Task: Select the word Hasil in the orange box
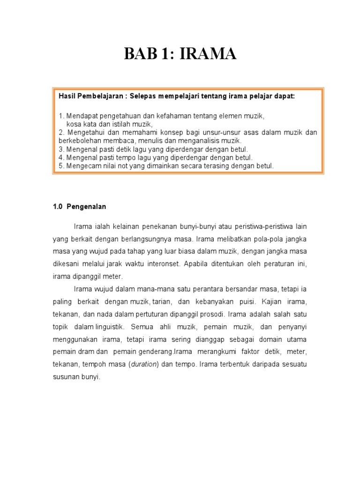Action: pos(67,96)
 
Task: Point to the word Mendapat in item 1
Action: pos(82,116)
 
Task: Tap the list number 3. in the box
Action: pos(61,149)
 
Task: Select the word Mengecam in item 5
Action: pos(82,166)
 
